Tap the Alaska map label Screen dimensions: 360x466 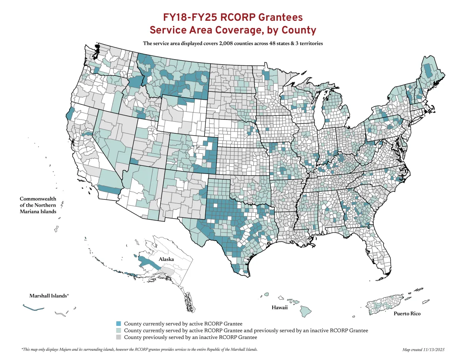(166, 259)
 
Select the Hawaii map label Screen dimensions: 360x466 (280, 308)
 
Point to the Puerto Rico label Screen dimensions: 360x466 (407, 314)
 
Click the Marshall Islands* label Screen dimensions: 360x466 (49, 296)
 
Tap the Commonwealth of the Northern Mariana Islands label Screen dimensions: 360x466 (38, 205)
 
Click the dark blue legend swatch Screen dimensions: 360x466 (119, 324)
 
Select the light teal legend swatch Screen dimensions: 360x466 (119, 330)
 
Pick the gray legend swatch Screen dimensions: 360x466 (119, 337)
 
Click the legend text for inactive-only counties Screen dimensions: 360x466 (190, 337)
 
